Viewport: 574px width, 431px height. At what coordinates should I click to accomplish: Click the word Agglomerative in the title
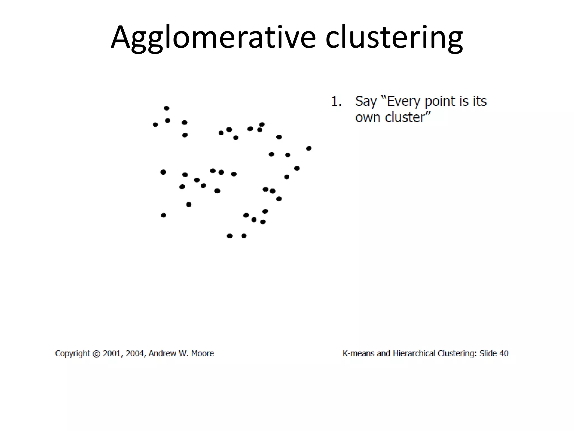[213, 38]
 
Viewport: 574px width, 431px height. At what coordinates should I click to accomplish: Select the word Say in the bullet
[366, 102]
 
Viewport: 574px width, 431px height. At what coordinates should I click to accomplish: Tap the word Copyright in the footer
[73, 354]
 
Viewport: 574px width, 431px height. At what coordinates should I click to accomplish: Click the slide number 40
[504, 353]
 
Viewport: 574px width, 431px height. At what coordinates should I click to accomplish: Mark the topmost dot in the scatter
[166, 108]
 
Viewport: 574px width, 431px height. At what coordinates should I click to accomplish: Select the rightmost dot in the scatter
[309, 148]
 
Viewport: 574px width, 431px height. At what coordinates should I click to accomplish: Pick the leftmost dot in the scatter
[155, 125]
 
